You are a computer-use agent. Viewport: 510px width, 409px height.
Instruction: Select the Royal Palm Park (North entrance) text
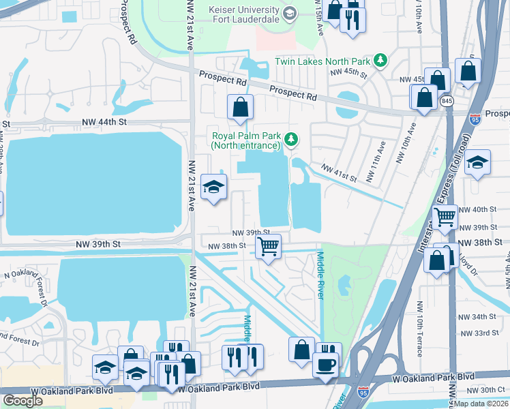(245, 140)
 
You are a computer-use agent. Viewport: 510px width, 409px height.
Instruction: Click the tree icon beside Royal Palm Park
(291, 140)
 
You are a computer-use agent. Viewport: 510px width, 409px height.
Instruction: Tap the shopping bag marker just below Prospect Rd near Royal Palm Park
(240, 108)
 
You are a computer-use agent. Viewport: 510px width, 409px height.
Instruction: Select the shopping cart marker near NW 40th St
(445, 217)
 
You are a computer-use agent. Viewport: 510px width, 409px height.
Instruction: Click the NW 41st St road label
(340, 173)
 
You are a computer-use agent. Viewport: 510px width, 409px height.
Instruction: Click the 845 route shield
(447, 101)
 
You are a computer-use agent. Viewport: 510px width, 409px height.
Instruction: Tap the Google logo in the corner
(22, 401)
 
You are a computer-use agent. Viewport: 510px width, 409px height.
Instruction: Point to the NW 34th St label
(477, 317)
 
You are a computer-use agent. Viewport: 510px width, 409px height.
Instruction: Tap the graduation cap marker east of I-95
(477, 162)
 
